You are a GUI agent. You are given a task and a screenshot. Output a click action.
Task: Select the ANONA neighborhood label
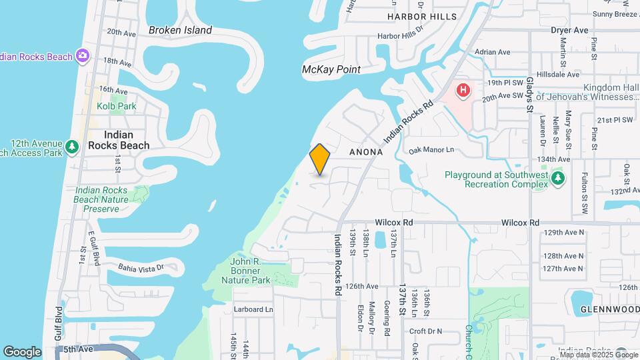click(x=366, y=152)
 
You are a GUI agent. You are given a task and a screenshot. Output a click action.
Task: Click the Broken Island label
click(x=180, y=30)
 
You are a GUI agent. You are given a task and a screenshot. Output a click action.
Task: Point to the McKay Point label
click(x=331, y=69)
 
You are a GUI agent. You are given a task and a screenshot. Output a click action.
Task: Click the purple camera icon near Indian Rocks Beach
click(x=83, y=56)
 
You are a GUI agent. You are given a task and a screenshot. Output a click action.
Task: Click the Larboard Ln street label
click(x=253, y=309)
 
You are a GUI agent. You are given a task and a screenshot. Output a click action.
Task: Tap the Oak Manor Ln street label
click(x=431, y=151)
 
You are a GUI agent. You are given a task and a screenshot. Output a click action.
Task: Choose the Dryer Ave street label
click(x=569, y=30)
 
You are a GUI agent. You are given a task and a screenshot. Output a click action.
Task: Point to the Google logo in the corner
click(x=22, y=351)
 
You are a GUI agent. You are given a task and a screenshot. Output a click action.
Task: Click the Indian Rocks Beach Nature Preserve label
click(x=101, y=199)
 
